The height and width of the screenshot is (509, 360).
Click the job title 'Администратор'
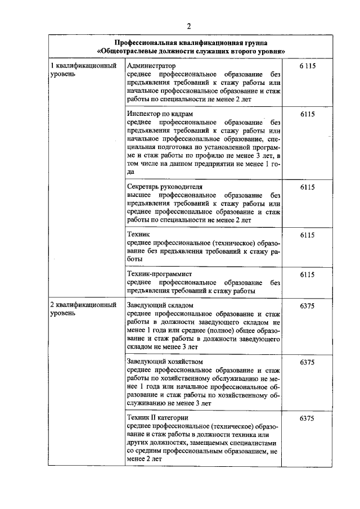(151, 66)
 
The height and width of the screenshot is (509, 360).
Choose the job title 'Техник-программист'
(160, 274)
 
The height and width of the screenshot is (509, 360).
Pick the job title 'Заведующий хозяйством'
(165, 362)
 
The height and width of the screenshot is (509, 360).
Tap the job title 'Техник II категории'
(157, 418)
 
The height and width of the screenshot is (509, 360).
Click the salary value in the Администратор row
(307, 66)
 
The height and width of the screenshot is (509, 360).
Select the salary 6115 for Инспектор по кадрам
(307, 114)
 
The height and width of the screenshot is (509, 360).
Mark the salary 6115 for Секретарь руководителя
(307, 186)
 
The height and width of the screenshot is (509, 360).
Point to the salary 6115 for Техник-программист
(307, 274)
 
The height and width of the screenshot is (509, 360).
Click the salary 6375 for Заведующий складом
(307, 305)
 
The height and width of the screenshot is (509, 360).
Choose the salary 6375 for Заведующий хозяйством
(307, 362)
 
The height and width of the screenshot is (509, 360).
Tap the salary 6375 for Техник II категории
(307, 418)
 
